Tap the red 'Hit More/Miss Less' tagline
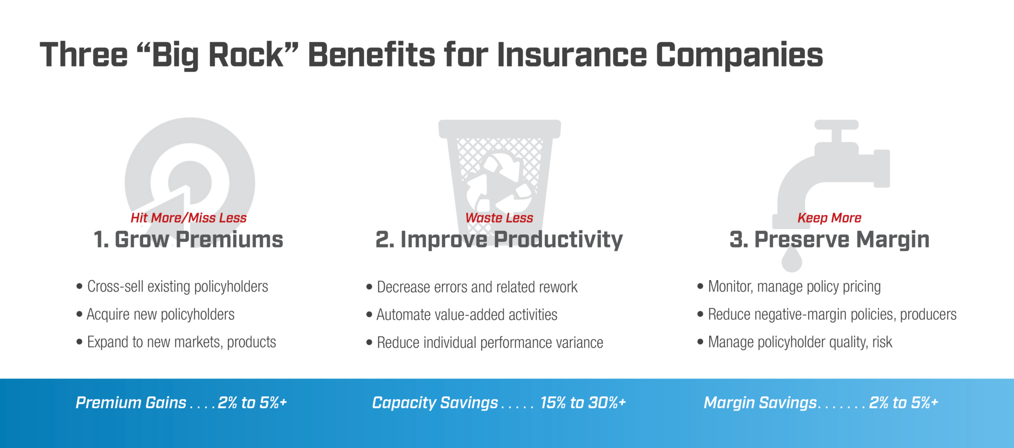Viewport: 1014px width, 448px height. [x=189, y=218]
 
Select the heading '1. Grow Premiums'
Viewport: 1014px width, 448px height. [x=188, y=239]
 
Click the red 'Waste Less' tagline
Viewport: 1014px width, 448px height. [x=499, y=218]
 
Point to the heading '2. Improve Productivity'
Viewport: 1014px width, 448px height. [x=499, y=240]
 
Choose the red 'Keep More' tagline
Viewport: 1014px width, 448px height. [x=829, y=218]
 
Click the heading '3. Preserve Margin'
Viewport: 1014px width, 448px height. [x=829, y=240]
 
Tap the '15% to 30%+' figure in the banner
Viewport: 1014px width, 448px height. [x=583, y=403]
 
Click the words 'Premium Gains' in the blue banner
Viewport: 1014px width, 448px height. [x=131, y=403]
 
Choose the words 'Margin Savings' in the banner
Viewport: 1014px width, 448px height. [x=760, y=403]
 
